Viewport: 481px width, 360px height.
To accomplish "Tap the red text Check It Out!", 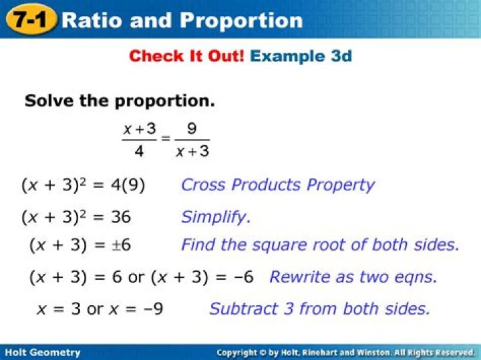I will (x=186, y=56).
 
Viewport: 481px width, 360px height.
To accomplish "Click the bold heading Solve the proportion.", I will (x=120, y=101).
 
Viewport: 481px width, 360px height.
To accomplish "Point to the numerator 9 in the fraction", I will (x=192, y=129).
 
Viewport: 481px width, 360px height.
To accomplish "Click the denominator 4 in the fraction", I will (x=139, y=152).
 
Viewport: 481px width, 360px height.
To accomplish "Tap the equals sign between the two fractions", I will (x=166, y=140).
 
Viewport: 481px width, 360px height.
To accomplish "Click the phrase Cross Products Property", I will (x=277, y=185).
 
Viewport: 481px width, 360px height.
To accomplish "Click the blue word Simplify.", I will (x=216, y=217).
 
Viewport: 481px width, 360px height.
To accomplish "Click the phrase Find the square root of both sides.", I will (x=320, y=245).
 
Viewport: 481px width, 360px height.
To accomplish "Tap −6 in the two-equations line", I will (x=241, y=277).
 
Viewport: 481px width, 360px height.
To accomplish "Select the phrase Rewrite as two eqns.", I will (x=353, y=277).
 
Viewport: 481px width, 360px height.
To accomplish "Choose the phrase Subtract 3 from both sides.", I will (x=319, y=309).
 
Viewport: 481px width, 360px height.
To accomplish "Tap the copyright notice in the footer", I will (x=345, y=352).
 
